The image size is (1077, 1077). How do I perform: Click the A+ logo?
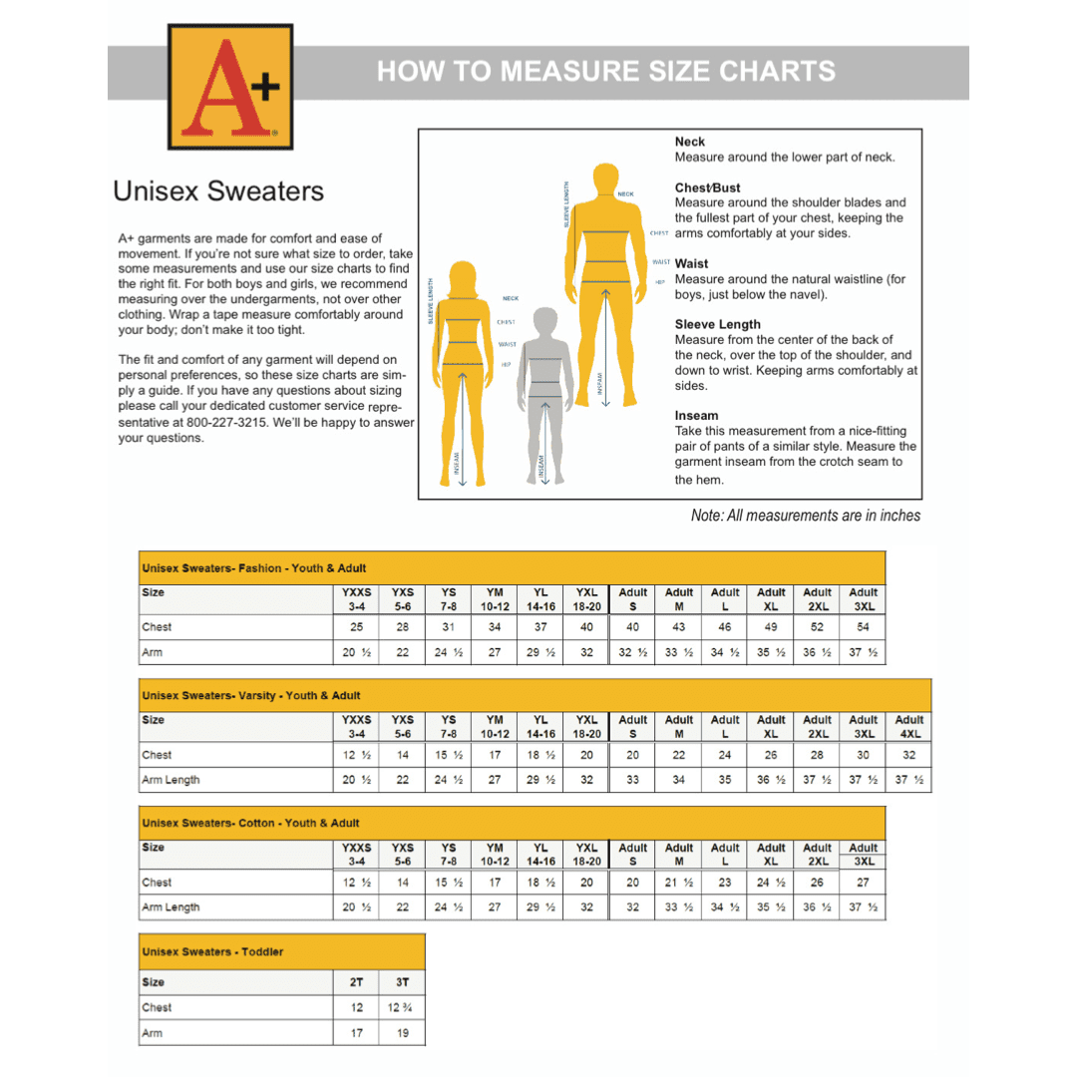[230, 86]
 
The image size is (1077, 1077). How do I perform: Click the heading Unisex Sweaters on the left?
[218, 190]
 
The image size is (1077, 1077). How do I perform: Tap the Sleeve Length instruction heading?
[717, 324]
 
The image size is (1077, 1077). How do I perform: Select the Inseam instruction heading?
[696, 416]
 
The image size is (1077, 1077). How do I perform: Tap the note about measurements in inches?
[805, 516]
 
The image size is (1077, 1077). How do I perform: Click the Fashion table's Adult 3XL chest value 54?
[863, 627]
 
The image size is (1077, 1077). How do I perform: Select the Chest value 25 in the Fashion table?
[356, 627]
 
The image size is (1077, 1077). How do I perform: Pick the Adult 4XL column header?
[908, 726]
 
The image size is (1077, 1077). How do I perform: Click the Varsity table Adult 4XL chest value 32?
[908, 755]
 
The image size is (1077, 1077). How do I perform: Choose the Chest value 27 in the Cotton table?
[863, 883]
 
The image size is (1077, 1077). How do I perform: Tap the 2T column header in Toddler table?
[356, 982]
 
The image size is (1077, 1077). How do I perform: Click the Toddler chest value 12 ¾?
[402, 1008]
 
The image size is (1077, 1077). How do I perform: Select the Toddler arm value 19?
[402, 1034]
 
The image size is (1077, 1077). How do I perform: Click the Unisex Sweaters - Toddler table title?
[212, 951]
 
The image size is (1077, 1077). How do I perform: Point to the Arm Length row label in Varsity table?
[171, 780]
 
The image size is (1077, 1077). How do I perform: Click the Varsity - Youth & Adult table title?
[250, 695]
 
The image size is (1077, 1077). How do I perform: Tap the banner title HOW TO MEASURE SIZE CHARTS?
[605, 72]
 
